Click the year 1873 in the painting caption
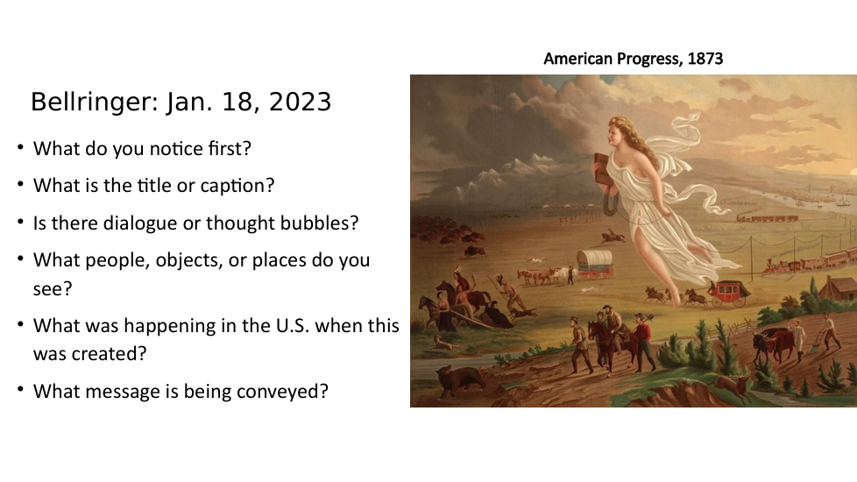coord(705,59)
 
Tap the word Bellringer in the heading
coord(95,103)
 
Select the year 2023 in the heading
coord(300,103)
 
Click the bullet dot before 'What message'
coord(21,390)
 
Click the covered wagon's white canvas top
coord(595,258)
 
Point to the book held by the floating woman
coord(602,170)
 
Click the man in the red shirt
coord(643,342)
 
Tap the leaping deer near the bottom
coord(732,386)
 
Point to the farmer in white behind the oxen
coord(799,339)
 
